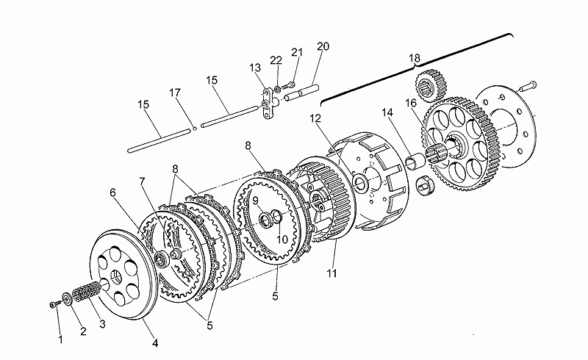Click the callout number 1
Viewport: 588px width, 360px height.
pyautogui.click(x=61, y=339)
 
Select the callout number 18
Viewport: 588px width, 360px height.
pyautogui.click(x=415, y=58)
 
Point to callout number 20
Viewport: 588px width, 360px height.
pyautogui.click(x=323, y=47)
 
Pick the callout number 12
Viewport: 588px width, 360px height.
pyautogui.click(x=315, y=118)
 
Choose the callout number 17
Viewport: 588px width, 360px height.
pyautogui.click(x=174, y=93)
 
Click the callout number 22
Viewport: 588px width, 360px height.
pyautogui.click(x=276, y=60)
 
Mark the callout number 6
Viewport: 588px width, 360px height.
pyautogui.click(x=113, y=192)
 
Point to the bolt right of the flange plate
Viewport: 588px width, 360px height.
pyautogui.click(x=528, y=85)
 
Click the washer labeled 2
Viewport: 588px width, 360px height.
pyautogui.click(x=68, y=298)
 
